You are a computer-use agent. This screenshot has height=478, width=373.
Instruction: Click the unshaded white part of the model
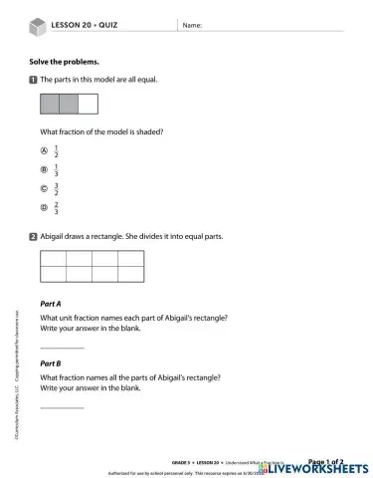pos(88,105)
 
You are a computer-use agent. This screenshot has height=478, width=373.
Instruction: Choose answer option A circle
pos(44,151)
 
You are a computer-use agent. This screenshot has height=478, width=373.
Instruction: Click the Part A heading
pos(51,303)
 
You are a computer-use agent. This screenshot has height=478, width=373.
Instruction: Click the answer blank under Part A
pos(62,347)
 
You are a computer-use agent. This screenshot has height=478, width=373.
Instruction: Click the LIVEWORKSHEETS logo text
pos(318,468)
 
